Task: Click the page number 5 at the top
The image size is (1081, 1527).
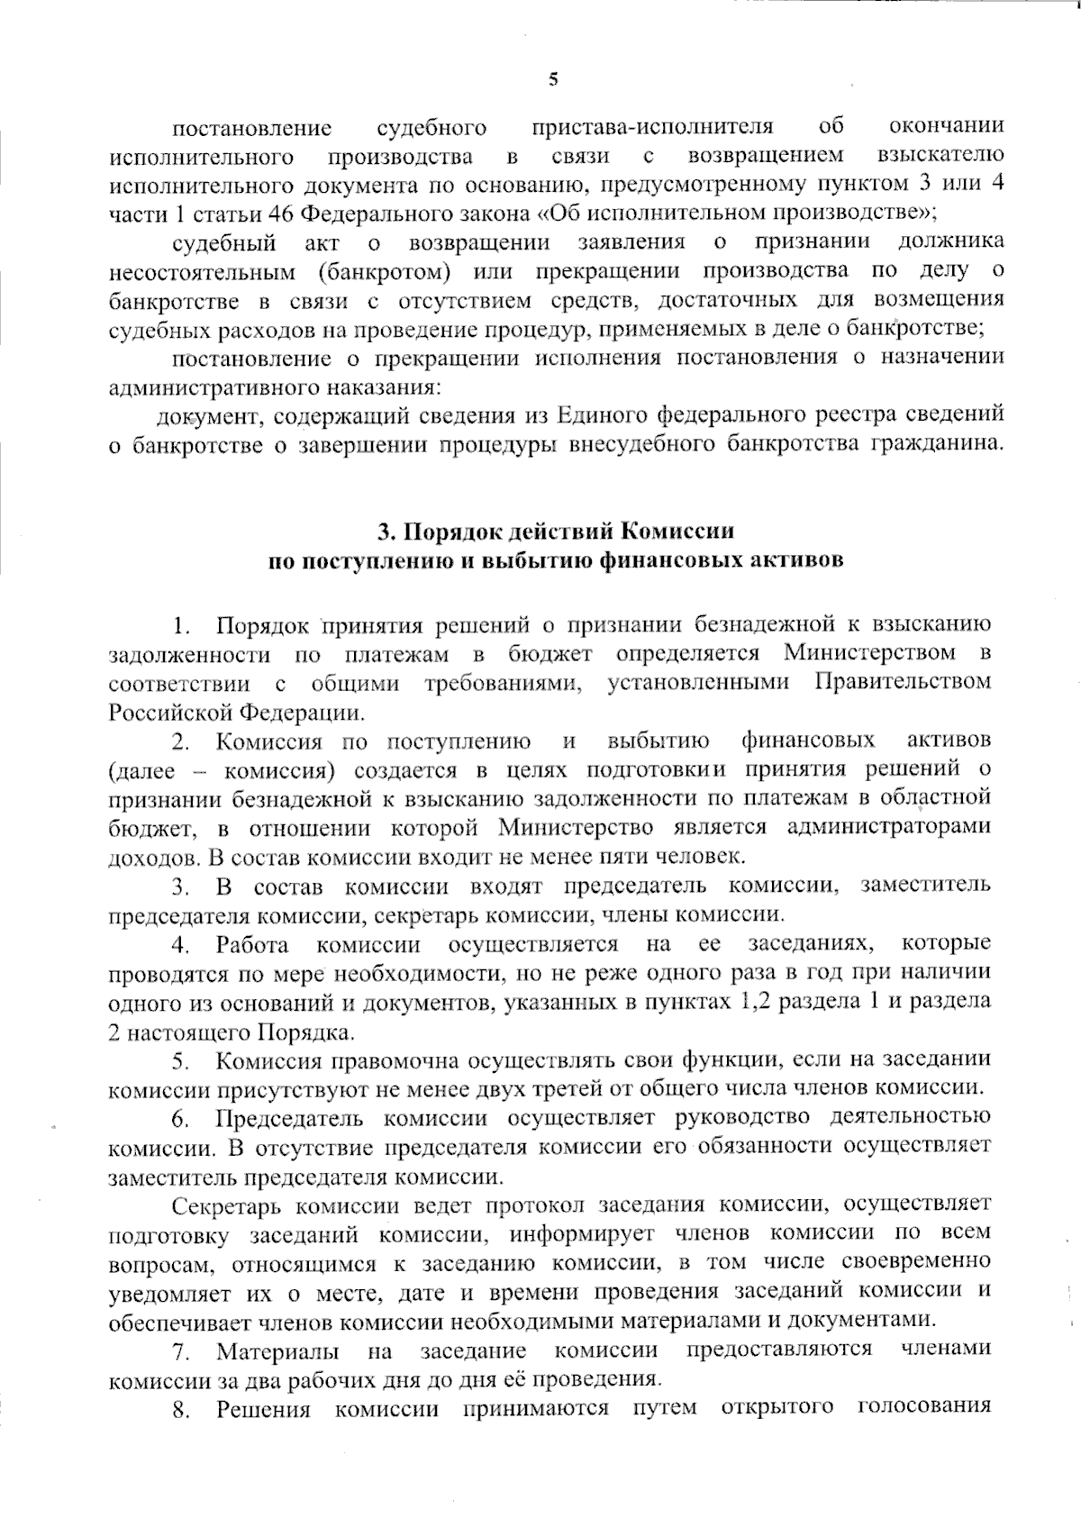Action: (x=553, y=78)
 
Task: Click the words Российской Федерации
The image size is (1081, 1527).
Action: (x=236, y=712)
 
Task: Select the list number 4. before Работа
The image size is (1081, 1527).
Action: (x=181, y=944)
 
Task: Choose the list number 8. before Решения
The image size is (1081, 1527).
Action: (x=181, y=1408)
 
